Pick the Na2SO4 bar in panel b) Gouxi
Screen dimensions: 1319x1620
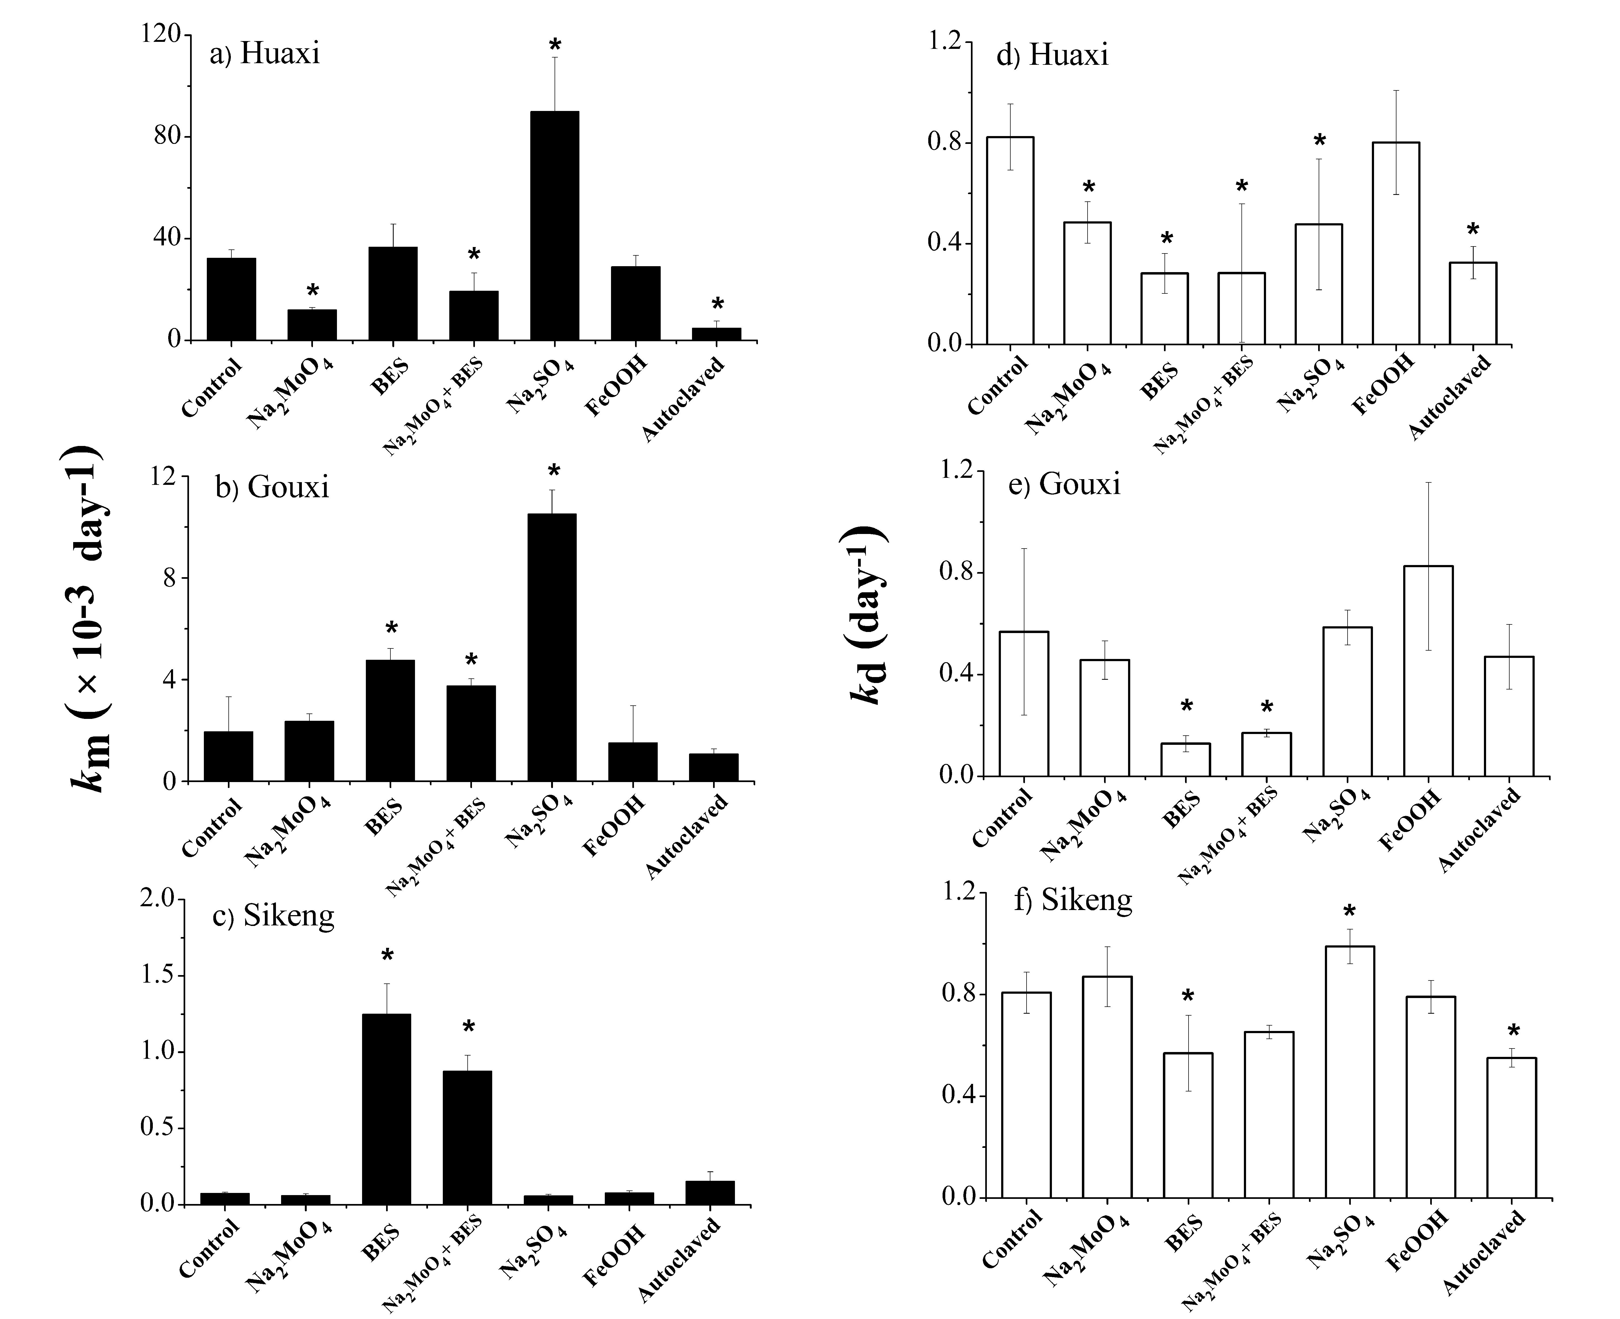point(552,647)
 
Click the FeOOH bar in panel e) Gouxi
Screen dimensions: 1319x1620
point(1429,671)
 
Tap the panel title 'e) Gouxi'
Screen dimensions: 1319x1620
point(1064,484)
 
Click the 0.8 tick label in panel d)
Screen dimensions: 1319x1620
point(945,143)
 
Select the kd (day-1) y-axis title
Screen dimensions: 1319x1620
point(865,615)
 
